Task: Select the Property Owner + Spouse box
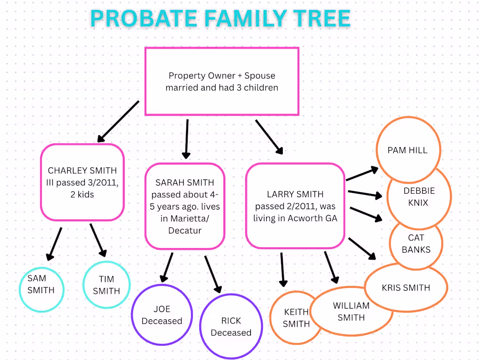point(222,82)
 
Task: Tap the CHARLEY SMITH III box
point(82,182)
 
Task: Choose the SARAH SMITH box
point(185,206)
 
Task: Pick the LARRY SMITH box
point(295,206)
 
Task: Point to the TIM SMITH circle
point(106,285)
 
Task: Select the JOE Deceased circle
point(162,315)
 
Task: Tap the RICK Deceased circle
point(231,326)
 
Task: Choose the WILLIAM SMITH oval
point(351,312)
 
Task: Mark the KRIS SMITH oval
point(406,288)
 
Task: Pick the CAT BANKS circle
point(416,244)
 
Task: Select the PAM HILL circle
point(408,150)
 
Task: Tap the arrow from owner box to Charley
point(118,122)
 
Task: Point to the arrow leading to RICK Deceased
point(213,274)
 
